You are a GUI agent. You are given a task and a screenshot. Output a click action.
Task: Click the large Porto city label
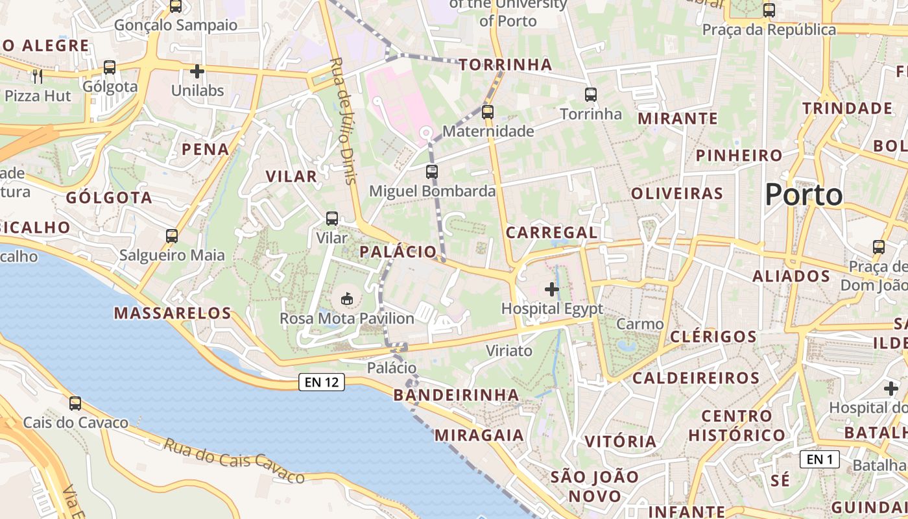804,195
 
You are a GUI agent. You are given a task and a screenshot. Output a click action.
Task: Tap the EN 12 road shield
322,382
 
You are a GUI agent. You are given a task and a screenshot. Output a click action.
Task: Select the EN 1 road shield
820,459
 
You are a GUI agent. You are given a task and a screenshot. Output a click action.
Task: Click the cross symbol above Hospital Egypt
552,289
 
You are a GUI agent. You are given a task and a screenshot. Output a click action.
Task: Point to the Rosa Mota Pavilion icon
347,299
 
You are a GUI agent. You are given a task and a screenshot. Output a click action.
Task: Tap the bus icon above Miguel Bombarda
432,172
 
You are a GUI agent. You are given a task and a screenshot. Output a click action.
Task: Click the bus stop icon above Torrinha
590,95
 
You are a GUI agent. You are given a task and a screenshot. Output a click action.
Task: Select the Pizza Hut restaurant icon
37,77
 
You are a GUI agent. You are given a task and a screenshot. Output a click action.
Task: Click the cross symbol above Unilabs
198,71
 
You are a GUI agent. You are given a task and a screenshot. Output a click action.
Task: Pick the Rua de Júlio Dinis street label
344,121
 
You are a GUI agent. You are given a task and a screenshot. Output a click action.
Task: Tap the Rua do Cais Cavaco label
233,461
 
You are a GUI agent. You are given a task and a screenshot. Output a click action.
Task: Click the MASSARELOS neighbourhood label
173,313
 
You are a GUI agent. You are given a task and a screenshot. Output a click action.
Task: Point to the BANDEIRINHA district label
456,395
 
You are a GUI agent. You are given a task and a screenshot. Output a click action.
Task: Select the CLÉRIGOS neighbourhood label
713,337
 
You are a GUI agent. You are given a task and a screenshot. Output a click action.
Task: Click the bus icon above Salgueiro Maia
172,236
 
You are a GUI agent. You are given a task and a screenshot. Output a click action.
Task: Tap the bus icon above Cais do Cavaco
75,404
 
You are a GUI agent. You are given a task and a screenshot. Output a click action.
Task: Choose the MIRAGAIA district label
479,435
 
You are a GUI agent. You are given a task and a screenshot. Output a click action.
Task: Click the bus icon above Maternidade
488,112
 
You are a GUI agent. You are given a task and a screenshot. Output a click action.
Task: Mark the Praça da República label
769,30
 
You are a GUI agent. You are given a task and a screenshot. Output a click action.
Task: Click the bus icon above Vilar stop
332,219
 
